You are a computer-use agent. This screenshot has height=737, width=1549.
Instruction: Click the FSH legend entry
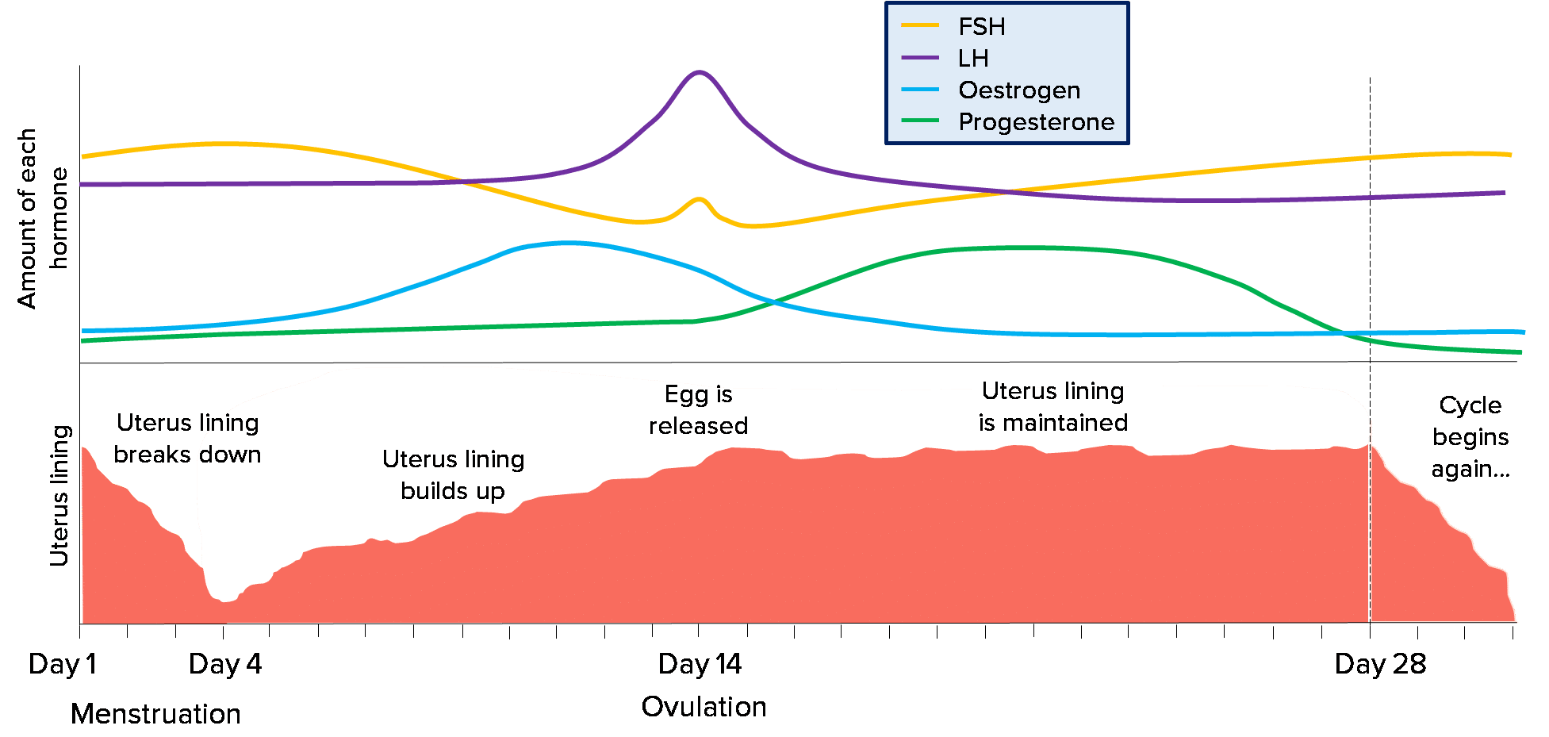(981, 27)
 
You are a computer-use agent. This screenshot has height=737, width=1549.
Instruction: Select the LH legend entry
(972, 59)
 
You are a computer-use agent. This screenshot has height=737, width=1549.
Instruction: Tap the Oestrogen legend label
(1019, 90)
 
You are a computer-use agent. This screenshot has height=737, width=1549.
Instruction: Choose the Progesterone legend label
(1036, 122)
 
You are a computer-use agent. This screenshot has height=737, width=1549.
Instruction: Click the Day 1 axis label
(62, 664)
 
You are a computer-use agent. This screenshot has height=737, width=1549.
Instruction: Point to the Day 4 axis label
(225, 664)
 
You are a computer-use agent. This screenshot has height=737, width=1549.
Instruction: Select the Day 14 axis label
(700, 664)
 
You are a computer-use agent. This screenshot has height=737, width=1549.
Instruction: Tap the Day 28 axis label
(1380, 664)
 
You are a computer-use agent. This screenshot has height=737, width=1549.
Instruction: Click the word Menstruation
(155, 714)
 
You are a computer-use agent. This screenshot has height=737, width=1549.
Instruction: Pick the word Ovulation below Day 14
(704, 707)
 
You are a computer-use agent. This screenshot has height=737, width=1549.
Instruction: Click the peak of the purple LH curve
(699, 72)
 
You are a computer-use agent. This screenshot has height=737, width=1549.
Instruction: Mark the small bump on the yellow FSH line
(699, 200)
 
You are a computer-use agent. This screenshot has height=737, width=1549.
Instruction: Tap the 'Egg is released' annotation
(698, 410)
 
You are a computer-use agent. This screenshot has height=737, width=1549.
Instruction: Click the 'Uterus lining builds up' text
(453, 475)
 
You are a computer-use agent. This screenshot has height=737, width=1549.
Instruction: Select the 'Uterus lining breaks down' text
(187, 439)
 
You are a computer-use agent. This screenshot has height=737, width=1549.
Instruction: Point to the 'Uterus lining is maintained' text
(1052, 407)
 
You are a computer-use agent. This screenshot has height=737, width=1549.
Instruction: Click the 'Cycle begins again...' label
(1470, 437)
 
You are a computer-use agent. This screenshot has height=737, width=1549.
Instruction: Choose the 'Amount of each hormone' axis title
(42, 218)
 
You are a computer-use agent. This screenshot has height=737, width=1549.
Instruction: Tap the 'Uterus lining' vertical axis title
(60, 496)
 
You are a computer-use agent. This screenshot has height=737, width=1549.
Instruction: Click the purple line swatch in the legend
(920, 58)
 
